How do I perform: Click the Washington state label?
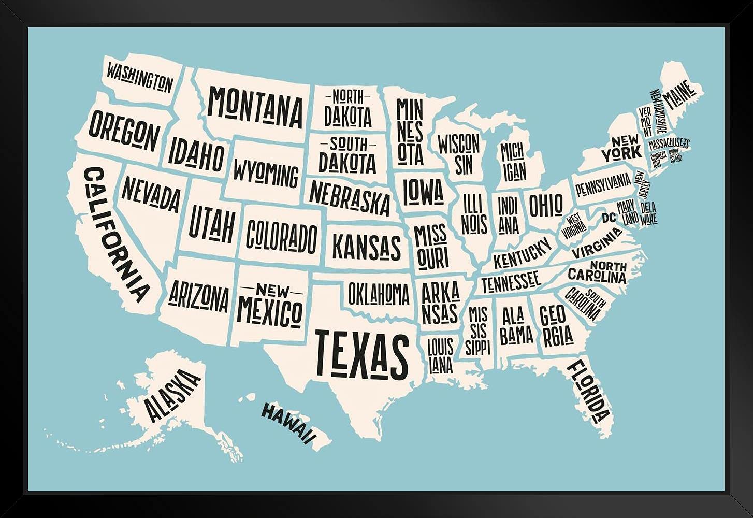click(139, 76)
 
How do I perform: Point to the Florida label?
click(589, 391)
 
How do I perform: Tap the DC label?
click(609, 218)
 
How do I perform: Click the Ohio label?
click(545, 205)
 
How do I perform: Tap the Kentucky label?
click(522, 253)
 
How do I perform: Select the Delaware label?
click(648, 213)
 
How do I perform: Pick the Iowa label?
click(423, 191)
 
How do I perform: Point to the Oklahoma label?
click(379, 294)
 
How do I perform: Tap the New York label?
click(621, 147)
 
